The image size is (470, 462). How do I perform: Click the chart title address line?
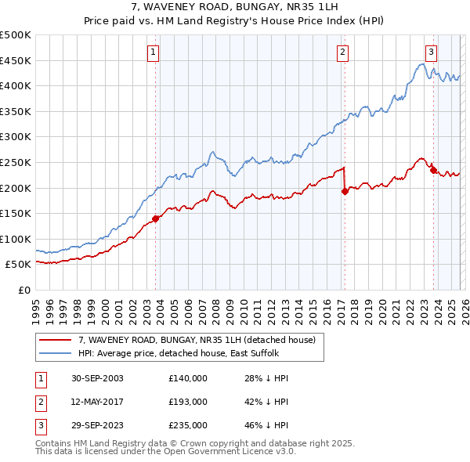point(235,7)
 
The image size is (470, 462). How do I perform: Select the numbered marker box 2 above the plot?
point(343,52)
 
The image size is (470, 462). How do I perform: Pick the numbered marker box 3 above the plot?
point(431,52)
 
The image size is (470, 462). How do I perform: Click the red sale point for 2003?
point(156,218)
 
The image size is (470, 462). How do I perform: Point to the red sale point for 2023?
point(433,170)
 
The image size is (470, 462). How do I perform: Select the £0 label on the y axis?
point(24,290)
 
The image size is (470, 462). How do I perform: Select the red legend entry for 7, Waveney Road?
point(196,340)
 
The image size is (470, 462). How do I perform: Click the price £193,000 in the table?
point(188,402)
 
